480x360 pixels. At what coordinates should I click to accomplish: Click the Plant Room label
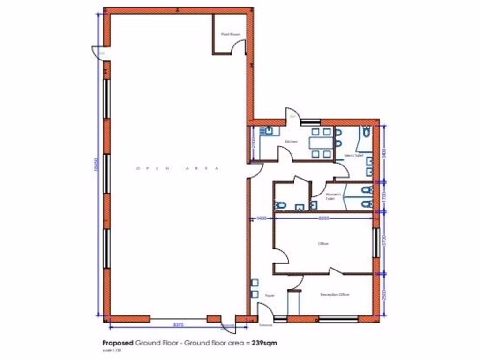tap(228, 34)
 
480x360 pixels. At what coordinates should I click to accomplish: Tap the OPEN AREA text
tap(177, 168)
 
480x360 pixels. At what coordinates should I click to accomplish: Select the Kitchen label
tap(291, 141)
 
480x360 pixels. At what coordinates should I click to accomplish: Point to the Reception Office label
tap(335, 295)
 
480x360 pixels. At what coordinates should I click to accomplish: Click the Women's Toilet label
tap(331, 196)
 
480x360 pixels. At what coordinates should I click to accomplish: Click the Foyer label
tap(269, 296)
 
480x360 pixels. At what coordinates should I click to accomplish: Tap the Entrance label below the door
tap(265, 325)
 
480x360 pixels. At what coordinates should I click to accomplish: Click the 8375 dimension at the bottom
tap(178, 324)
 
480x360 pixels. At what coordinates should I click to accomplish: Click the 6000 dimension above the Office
tap(323, 218)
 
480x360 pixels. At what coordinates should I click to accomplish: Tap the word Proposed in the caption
tap(118, 343)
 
